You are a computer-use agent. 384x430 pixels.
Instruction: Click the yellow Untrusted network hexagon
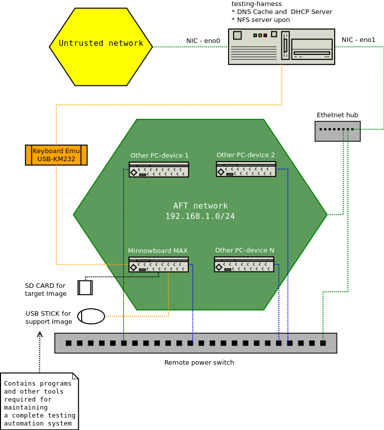click(101, 46)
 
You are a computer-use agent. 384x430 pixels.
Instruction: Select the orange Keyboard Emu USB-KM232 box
click(56, 155)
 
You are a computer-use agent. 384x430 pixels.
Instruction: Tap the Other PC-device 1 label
click(159, 156)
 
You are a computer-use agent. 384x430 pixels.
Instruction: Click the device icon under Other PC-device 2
click(246, 169)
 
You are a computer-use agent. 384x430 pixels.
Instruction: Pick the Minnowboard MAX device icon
click(158, 264)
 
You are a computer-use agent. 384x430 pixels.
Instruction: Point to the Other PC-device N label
click(245, 250)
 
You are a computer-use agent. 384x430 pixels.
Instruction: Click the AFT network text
click(200, 206)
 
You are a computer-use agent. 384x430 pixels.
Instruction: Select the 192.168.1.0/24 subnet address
click(200, 216)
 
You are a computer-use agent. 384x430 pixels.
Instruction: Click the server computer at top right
click(281, 47)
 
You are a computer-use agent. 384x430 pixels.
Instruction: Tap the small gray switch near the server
click(337, 131)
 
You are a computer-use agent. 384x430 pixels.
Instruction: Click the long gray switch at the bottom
click(195, 343)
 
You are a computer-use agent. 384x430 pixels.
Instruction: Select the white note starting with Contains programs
click(39, 401)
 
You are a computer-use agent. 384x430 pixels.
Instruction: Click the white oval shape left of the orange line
click(91, 316)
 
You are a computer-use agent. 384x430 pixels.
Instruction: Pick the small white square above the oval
click(85, 288)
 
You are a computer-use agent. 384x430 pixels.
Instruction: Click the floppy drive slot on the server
click(312, 53)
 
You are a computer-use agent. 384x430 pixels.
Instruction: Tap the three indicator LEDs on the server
click(260, 35)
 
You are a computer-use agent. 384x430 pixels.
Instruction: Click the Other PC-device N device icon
click(244, 264)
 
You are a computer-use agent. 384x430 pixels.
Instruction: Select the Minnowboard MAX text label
click(158, 251)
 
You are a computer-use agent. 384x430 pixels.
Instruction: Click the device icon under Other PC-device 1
click(159, 170)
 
